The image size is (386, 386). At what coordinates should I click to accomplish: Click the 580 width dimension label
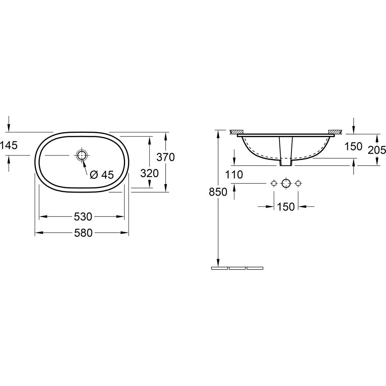coord(83,233)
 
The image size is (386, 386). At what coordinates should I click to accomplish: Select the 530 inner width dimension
coord(83,217)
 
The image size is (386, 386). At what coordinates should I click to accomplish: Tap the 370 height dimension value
coord(166,157)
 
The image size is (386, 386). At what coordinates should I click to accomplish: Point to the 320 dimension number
coord(149,174)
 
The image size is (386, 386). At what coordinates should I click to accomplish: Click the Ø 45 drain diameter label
coord(102,175)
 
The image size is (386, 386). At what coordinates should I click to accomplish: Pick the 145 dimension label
coord(9,146)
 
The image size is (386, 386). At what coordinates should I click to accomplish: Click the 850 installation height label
coord(218,192)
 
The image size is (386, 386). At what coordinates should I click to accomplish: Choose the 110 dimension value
coord(234,175)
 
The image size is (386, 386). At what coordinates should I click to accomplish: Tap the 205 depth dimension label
coord(377,150)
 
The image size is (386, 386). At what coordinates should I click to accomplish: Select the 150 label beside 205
coord(353,146)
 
